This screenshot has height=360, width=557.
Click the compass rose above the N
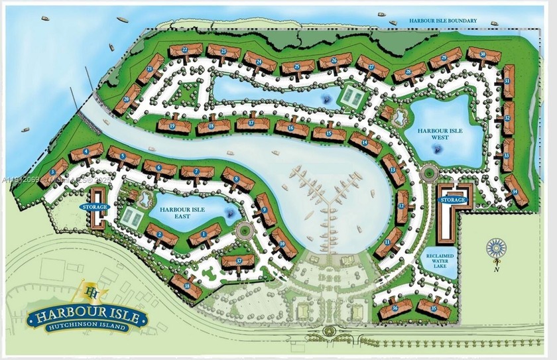(495, 248)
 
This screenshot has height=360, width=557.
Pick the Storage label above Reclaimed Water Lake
(453, 199)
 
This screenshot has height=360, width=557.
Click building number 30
(483, 55)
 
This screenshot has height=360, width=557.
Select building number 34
(515, 192)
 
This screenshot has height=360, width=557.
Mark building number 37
(237, 260)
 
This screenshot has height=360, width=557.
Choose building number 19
(171, 125)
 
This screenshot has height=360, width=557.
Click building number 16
(290, 127)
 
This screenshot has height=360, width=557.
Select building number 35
(434, 308)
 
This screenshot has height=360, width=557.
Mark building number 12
(401, 207)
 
